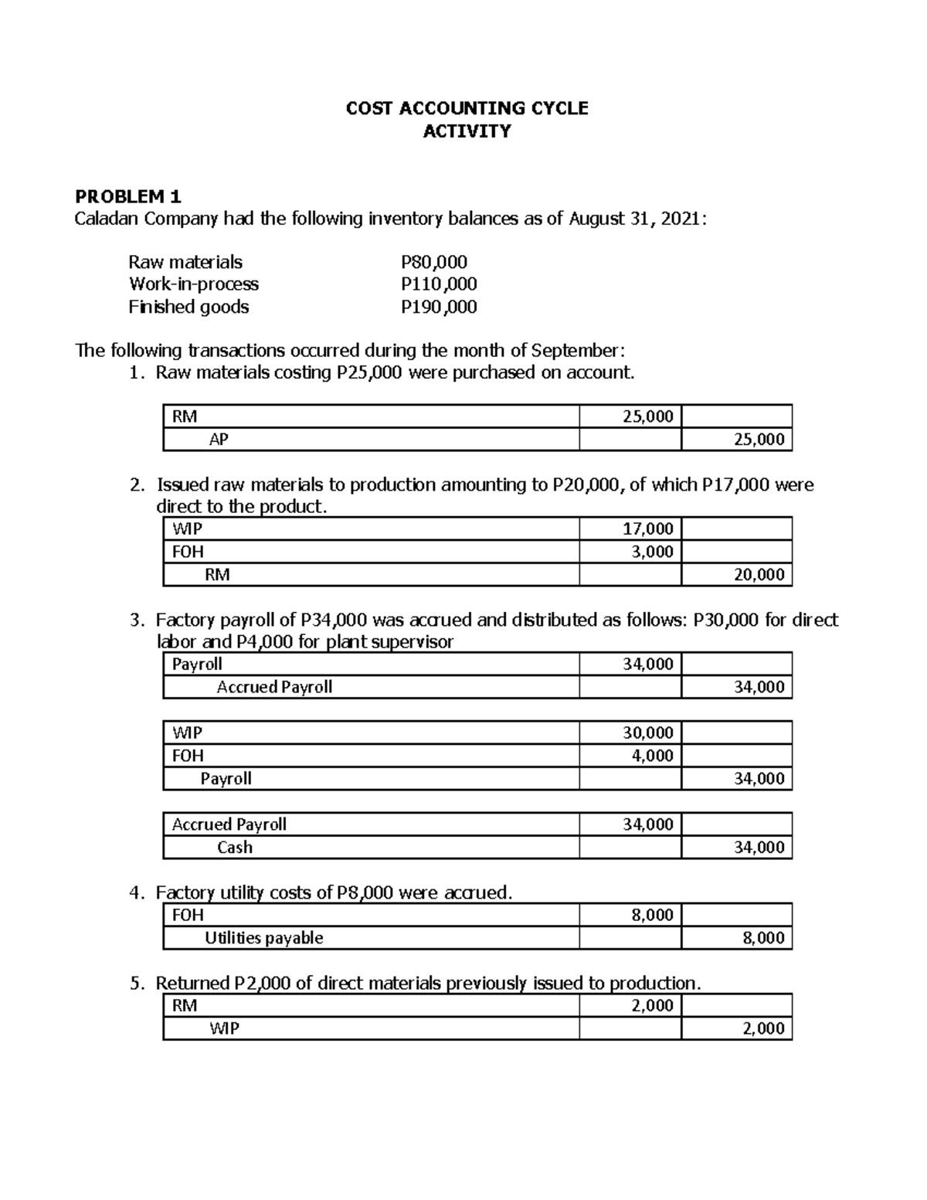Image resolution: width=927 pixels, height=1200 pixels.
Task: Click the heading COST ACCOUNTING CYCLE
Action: pos(467,108)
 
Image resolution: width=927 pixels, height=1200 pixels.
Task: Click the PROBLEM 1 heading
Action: pos(127,196)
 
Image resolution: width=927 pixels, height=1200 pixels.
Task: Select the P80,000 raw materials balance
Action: pos(433,262)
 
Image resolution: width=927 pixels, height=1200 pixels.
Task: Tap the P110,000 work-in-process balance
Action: pos(438,284)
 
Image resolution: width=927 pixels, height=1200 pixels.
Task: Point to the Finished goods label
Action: pos(188,307)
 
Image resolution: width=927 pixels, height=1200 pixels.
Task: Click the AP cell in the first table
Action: pos(219,440)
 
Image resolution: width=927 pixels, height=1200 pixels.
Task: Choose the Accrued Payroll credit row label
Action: pos(274,687)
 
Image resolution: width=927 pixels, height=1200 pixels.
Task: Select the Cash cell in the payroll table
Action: pos(235,847)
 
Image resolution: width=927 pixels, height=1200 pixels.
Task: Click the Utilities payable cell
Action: pos(263,938)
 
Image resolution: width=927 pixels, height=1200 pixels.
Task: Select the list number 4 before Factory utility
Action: pos(135,893)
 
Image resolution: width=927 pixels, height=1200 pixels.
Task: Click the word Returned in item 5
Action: pos(192,983)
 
